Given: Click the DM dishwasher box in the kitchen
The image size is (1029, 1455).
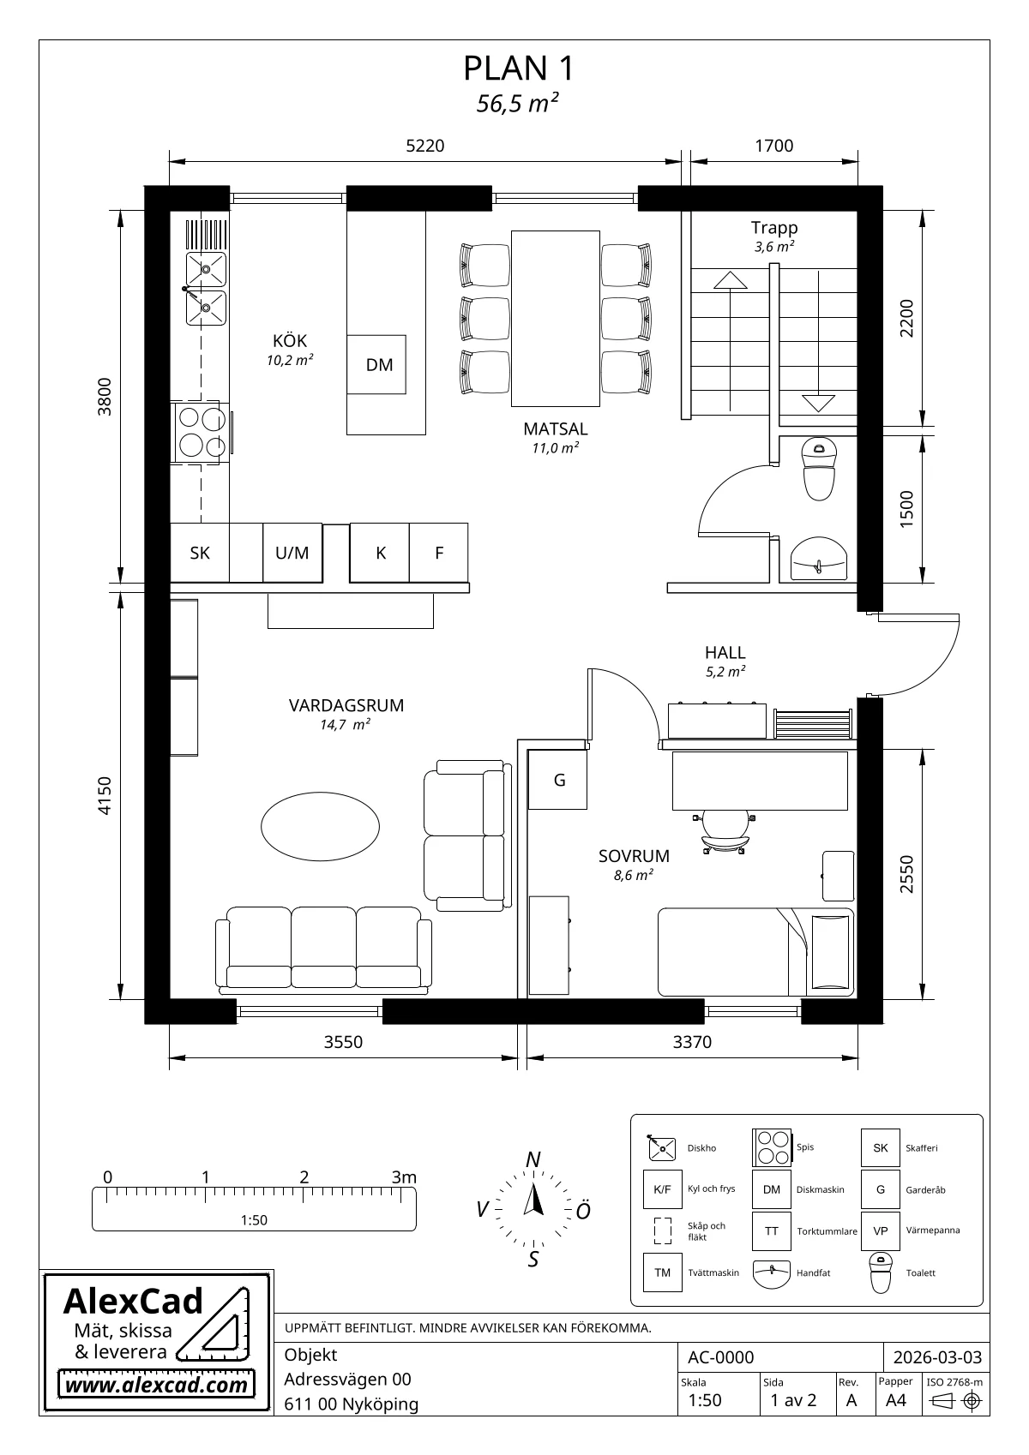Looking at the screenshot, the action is [x=376, y=364].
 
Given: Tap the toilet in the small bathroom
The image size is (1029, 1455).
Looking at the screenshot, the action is [x=819, y=469].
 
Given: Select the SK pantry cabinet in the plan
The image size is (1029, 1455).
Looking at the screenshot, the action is [x=200, y=553].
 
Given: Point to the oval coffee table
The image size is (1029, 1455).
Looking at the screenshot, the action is [x=321, y=826].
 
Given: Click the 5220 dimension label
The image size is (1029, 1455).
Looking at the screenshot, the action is [x=425, y=146].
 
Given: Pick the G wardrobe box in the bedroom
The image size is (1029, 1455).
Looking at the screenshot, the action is [x=557, y=780].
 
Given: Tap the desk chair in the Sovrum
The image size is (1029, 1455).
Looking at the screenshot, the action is [x=725, y=831].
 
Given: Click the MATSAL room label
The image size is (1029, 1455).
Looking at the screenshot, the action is [x=555, y=428].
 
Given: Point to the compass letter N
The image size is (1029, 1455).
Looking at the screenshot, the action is [x=533, y=1159].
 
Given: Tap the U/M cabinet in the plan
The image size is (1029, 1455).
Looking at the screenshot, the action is [x=292, y=553].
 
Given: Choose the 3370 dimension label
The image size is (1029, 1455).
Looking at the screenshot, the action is [x=692, y=1042].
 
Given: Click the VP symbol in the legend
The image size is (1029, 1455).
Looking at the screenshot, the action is [x=881, y=1230].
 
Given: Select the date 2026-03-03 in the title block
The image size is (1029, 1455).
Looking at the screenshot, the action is [x=937, y=1357].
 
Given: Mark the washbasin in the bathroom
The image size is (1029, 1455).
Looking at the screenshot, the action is [x=819, y=559].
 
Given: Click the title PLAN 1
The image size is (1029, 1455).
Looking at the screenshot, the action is [x=519, y=69].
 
